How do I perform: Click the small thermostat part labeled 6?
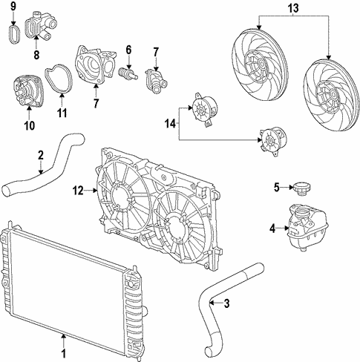[x=127, y=75]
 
